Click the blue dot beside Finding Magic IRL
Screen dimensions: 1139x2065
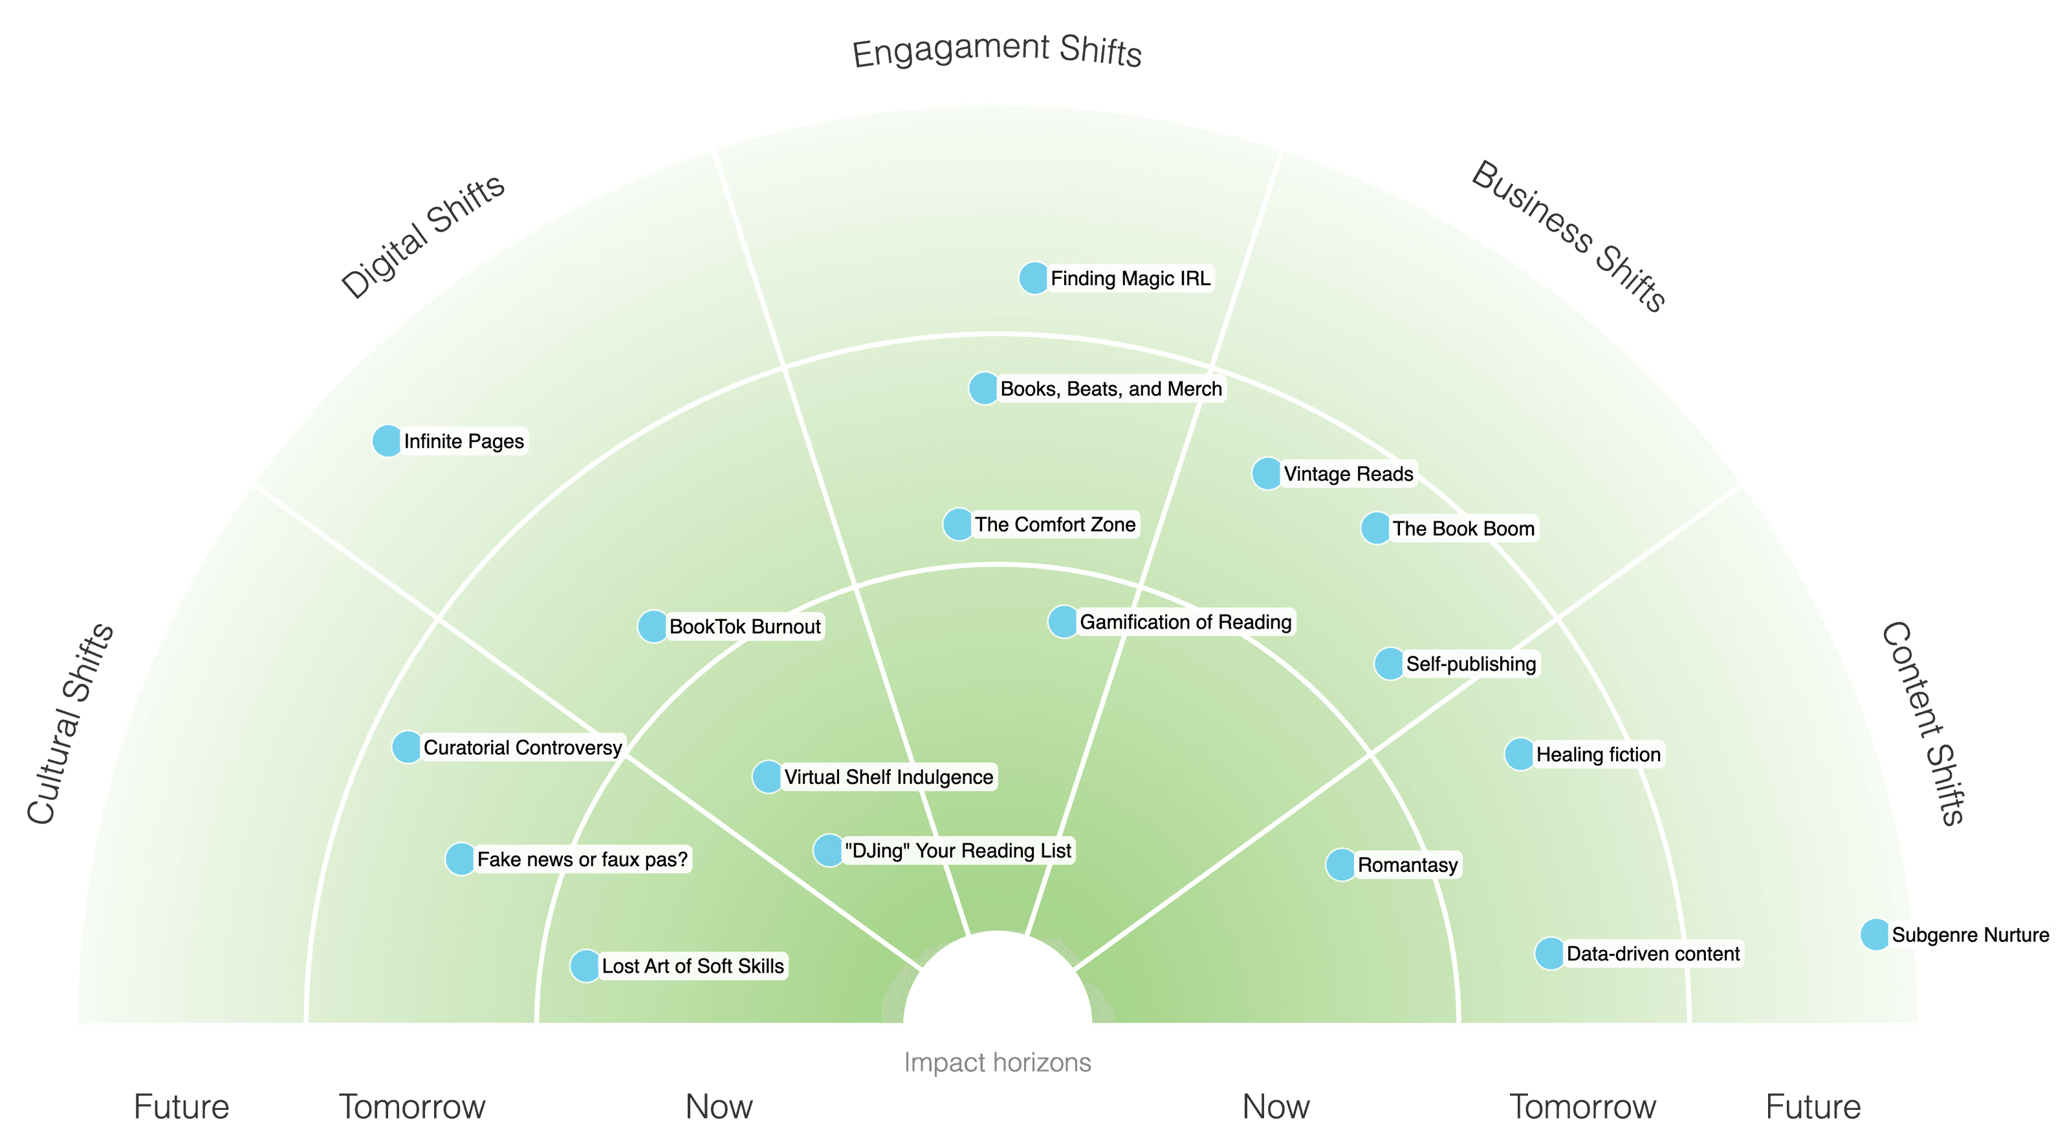tap(1033, 278)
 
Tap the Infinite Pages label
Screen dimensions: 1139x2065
tap(463, 442)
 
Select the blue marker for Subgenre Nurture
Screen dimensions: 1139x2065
tap(1875, 935)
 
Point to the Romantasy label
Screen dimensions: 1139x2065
tap(1407, 865)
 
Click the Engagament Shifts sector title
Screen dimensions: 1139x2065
tap(996, 51)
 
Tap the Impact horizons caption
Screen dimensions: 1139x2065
tap(997, 1063)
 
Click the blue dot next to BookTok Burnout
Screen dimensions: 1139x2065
tap(653, 627)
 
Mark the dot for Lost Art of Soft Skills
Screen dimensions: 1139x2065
tap(585, 966)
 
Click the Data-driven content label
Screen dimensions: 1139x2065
tap(1652, 954)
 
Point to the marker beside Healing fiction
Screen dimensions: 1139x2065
tap(1519, 754)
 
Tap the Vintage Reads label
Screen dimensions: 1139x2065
tap(1348, 473)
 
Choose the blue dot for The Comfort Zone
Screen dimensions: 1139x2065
tap(957, 524)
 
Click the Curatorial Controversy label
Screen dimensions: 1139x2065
tap(522, 748)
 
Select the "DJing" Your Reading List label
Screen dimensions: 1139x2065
tap(957, 851)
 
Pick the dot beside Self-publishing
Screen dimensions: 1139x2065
tap(1389, 664)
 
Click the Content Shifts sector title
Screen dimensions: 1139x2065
tap(1922, 723)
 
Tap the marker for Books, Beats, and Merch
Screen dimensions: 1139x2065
tap(983, 389)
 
